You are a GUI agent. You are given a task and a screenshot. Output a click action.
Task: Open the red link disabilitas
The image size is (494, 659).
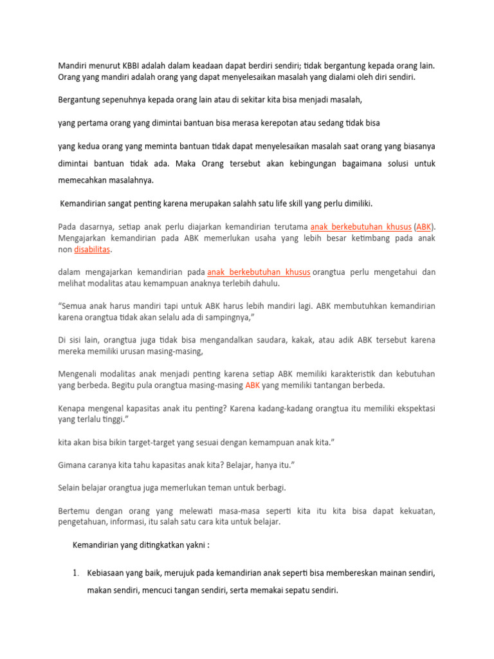[92, 249]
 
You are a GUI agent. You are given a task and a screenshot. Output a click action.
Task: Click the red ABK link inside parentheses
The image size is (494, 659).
[423, 227]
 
